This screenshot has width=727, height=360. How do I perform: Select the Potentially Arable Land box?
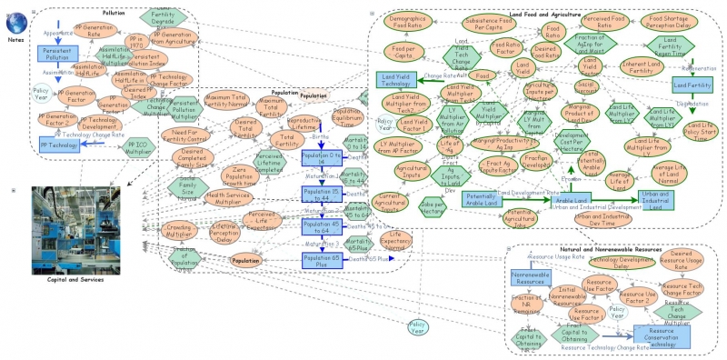point(487,199)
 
